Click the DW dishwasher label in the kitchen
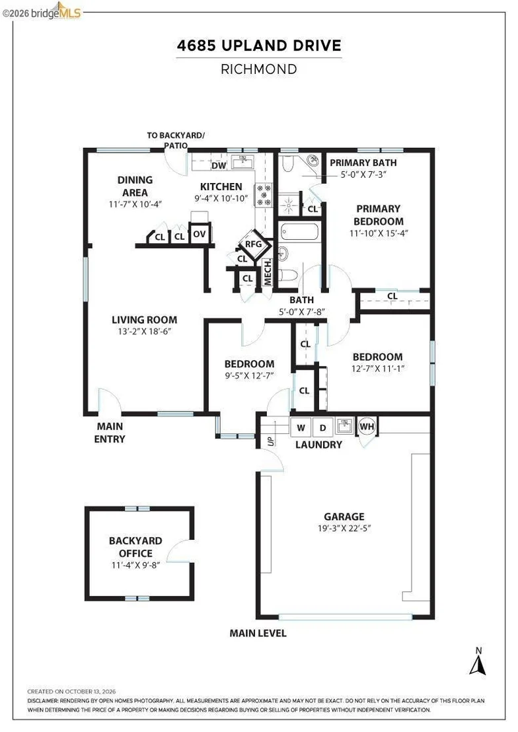(x=219, y=165)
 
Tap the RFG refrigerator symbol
(x=254, y=244)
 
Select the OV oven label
(x=200, y=234)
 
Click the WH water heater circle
(x=367, y=426)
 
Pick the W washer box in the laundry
(x=301, y=427)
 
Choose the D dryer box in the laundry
(x=322, y=427)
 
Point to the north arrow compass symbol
(x=477, y=662)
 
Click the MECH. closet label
(x=268, y=273)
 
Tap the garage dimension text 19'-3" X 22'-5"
(x=344, y=529)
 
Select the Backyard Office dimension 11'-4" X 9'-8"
(x=135, y=566)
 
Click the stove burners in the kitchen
(x=264, y=195)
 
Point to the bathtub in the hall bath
(x=299, y=232)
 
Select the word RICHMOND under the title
(x=259, y=69)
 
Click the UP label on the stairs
(x=271, y=441)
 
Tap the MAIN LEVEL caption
(x=258, y=634)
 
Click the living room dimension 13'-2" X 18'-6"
(x=144, y=332)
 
